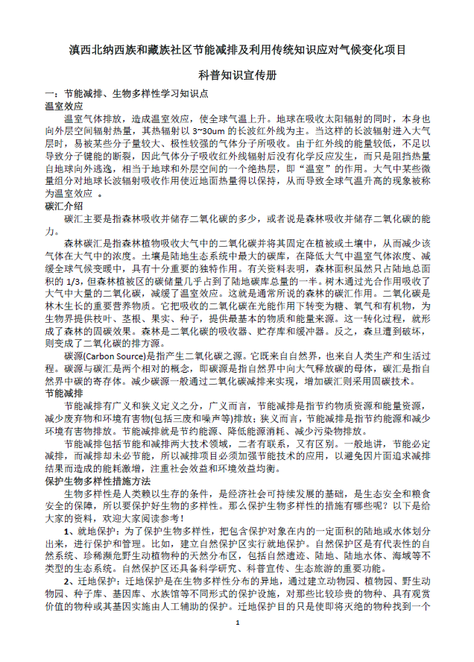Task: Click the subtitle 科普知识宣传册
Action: click(x=236, y=76)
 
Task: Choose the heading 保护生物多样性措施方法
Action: click(x=97, y=480)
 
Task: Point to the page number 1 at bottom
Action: click(x=237, y=643)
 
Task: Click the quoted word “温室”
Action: click(x=303, y=168)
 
